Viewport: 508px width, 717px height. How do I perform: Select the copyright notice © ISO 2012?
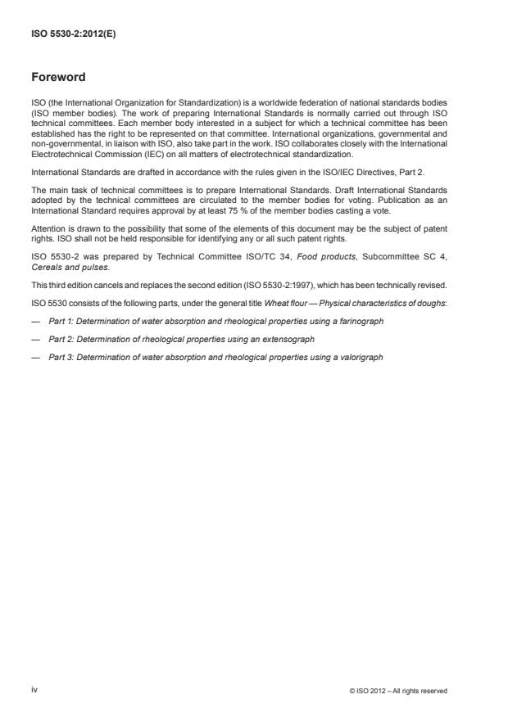tap(397, 691)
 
